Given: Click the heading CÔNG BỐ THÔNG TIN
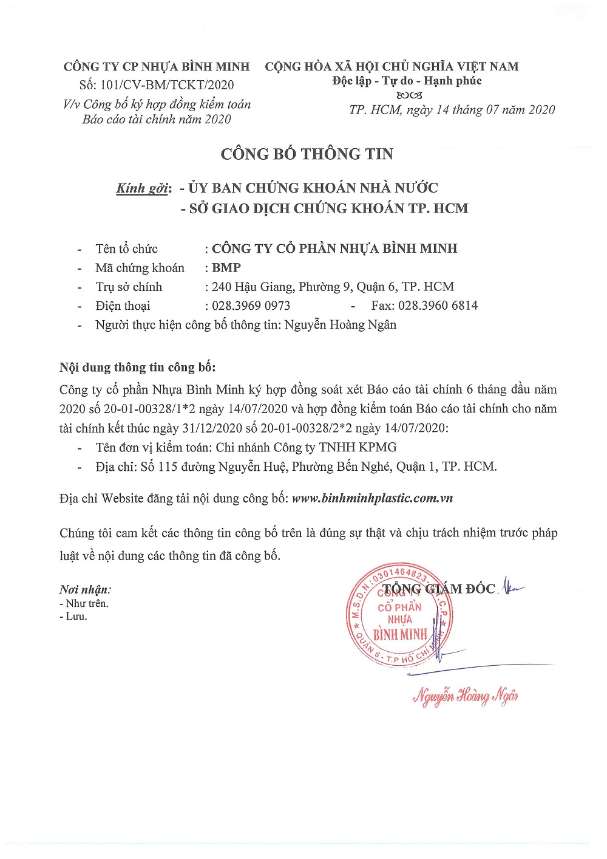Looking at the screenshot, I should click(307, 154).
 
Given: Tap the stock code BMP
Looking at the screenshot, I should click(226, 268).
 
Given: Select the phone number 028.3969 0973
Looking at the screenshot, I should click(251, 306).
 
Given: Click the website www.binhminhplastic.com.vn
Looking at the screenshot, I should click(372, 499).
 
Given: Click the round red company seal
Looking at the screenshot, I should click(399, 614).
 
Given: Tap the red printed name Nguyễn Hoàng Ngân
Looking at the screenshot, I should click(466, 696).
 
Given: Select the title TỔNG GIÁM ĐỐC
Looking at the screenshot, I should click(439, 589).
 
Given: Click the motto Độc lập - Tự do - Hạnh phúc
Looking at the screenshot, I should click(407, 81).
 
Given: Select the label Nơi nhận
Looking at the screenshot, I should click(85, 589).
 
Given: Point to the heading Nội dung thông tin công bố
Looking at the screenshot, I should click(137, 368).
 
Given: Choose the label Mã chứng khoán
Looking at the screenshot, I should click(140, 268).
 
